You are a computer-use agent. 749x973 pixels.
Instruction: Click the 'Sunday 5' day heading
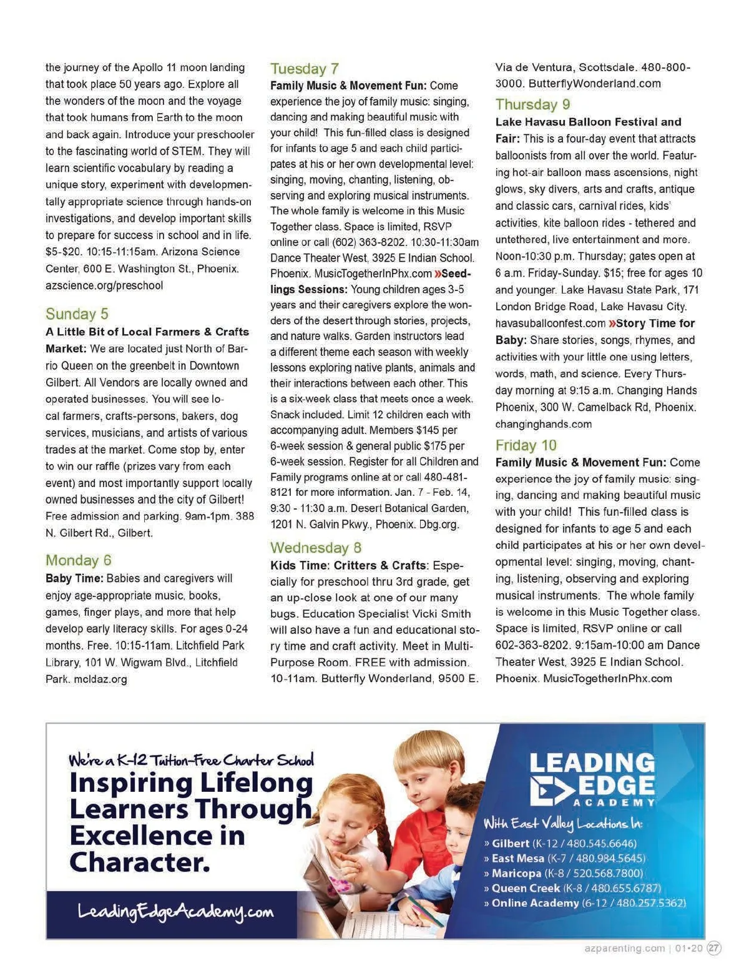coord(77,314)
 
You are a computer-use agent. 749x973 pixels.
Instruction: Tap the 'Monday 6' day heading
coord(79,560)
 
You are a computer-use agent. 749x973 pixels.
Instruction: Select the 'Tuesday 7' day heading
coord(305,69)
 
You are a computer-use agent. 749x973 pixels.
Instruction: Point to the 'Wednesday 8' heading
coord(316,548)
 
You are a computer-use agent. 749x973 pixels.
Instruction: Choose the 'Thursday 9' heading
coord(533,104)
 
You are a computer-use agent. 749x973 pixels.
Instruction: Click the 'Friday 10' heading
coord(526,445)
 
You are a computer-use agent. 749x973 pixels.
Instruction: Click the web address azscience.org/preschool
coord(104,285)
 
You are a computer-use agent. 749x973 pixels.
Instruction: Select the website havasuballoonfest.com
coord(551,324)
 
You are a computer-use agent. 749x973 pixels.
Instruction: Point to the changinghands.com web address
coord(544,424)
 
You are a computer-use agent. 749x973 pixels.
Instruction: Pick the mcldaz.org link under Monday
coord(86,679)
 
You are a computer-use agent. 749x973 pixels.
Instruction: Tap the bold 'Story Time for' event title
coord(655,324)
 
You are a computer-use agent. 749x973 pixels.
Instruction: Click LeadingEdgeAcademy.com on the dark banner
coord(175,912)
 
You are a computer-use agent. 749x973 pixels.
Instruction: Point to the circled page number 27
coord(714,948)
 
